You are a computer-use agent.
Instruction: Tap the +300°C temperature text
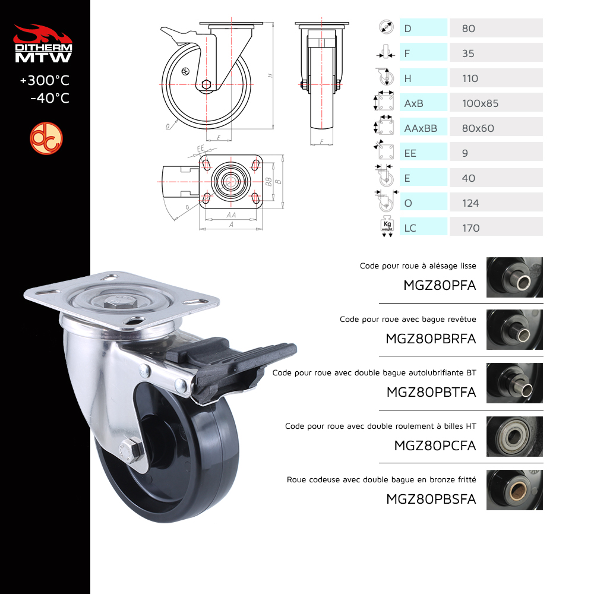(x=45, y=80)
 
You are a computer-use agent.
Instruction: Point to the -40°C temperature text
(x=50, y=98)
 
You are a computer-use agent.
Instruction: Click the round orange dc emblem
(x=46, y=138)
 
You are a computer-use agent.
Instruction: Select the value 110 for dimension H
(x=470, y=78)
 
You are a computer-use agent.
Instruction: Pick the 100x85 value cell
(x=496, y=102)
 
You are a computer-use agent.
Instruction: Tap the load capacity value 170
(x=471, y=228)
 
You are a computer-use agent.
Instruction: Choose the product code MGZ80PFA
(x=440, y=285)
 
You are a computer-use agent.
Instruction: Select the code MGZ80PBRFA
(x=431, y=339)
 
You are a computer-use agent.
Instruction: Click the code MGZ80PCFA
(x=435, y=445)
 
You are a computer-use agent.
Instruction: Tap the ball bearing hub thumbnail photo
(x=514, y=437)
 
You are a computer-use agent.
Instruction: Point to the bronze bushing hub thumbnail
(x=514, y=490)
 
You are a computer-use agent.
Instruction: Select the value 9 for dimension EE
(x=465, y=153)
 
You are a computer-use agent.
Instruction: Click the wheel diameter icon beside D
(x=386, y=27)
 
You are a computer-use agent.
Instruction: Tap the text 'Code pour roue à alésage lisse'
(x=418, y=266)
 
